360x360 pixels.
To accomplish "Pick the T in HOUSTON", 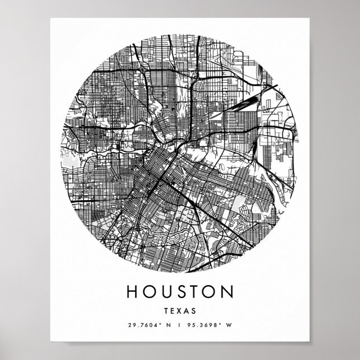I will (198, 293).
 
